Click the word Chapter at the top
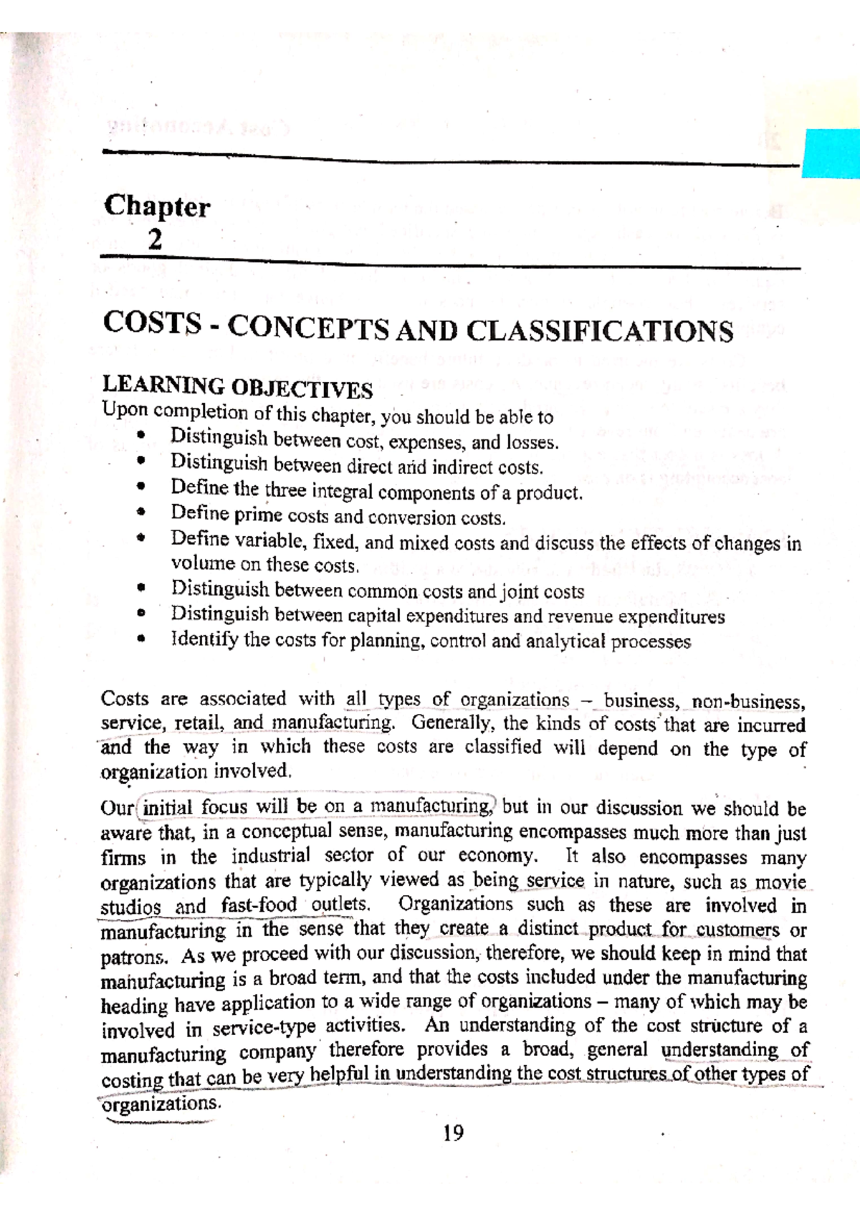pos(156,207)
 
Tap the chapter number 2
pos(155,239)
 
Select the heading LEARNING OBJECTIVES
pos(237,387)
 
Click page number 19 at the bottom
pos(453,1132)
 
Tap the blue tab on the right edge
pos(831,153)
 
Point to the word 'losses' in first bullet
pos(531,442)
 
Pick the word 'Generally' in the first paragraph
pos(449,723)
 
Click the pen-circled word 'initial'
pos(167,808)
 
